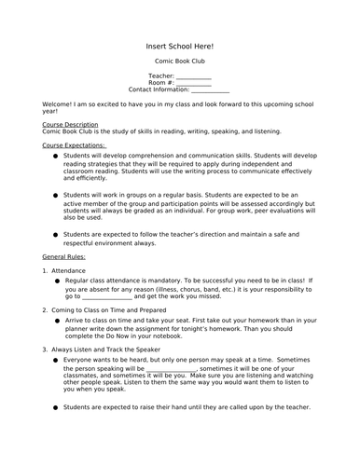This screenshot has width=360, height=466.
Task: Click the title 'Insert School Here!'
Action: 180,45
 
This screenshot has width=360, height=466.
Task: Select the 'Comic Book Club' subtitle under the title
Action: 180,61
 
